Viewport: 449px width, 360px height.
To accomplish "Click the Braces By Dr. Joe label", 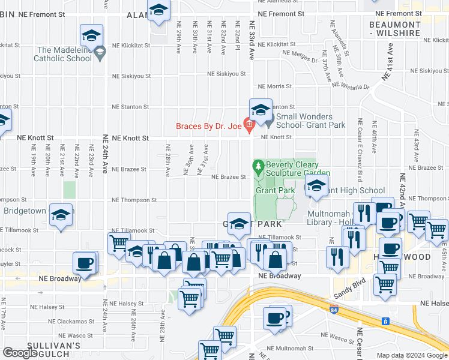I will click(x=208, y=126).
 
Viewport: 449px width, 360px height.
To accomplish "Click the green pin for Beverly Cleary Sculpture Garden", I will click(x=259, y=165).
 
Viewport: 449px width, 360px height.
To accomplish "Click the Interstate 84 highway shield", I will click(x=334, y=310).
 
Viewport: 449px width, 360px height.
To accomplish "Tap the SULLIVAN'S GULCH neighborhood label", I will click(x=53, y=350).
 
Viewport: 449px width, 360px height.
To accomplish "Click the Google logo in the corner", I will click(x=20, y=352).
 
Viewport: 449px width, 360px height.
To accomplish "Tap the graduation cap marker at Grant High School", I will click(x=316, y=187).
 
